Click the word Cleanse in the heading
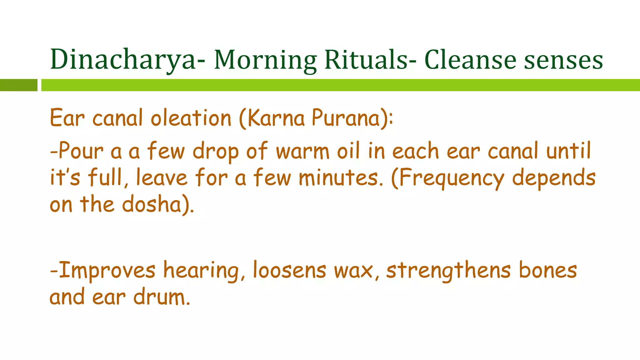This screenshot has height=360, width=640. tap(470, 59)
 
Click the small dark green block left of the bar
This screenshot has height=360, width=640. tap(18, 85)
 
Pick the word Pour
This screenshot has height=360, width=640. tap(81, 151)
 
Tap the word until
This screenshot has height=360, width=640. tap(568, 151)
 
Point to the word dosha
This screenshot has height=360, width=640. tap(152, 205)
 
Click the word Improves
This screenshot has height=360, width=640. tap(107, 271)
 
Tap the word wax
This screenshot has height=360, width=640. tap(353, 271)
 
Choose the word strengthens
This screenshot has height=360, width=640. tap(448, 271)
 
